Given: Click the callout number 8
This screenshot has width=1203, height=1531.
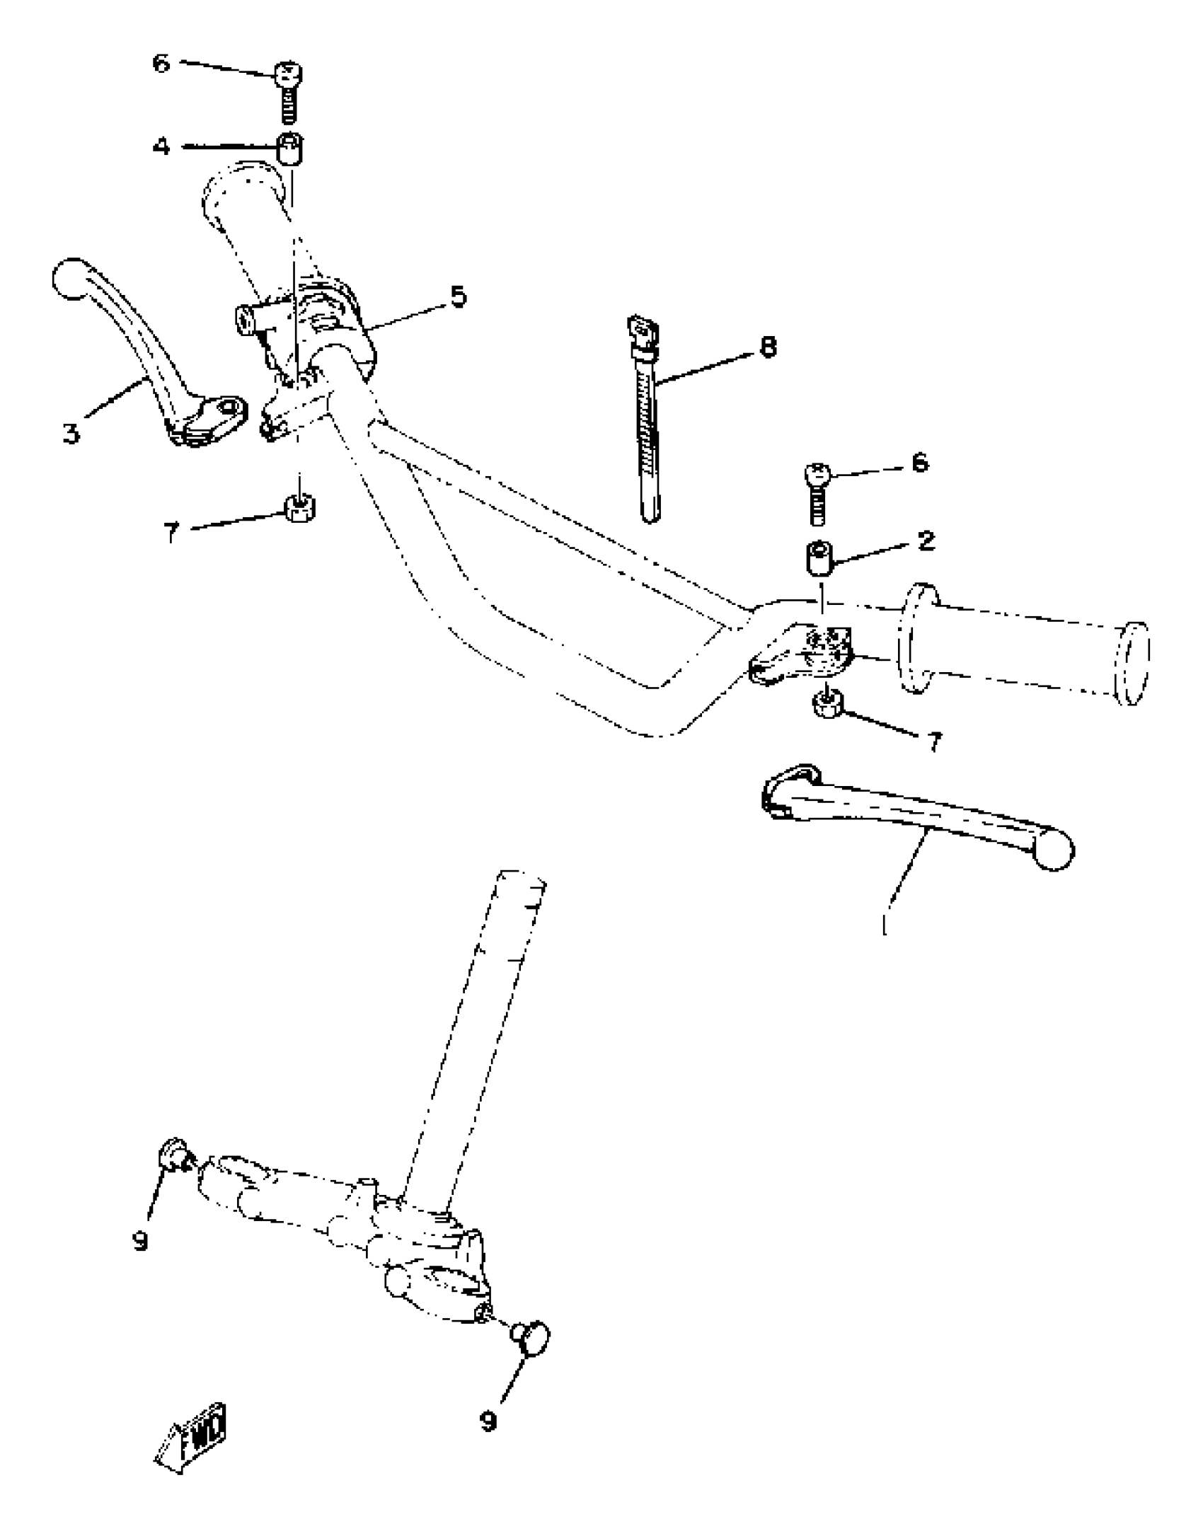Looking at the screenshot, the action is [767, 347].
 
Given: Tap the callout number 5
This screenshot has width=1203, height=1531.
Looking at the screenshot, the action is [459, 296].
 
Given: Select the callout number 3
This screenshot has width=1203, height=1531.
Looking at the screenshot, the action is [71, 433].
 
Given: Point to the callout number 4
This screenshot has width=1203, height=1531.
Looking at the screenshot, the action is [162, 146].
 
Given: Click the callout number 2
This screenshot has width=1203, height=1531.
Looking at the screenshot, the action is [925, 541].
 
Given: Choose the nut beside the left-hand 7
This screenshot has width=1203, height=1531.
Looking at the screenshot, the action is [300, 507].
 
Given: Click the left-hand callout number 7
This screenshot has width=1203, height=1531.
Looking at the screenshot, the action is [171, 532].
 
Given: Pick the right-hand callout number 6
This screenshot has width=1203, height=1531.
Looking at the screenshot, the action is [919, 463].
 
